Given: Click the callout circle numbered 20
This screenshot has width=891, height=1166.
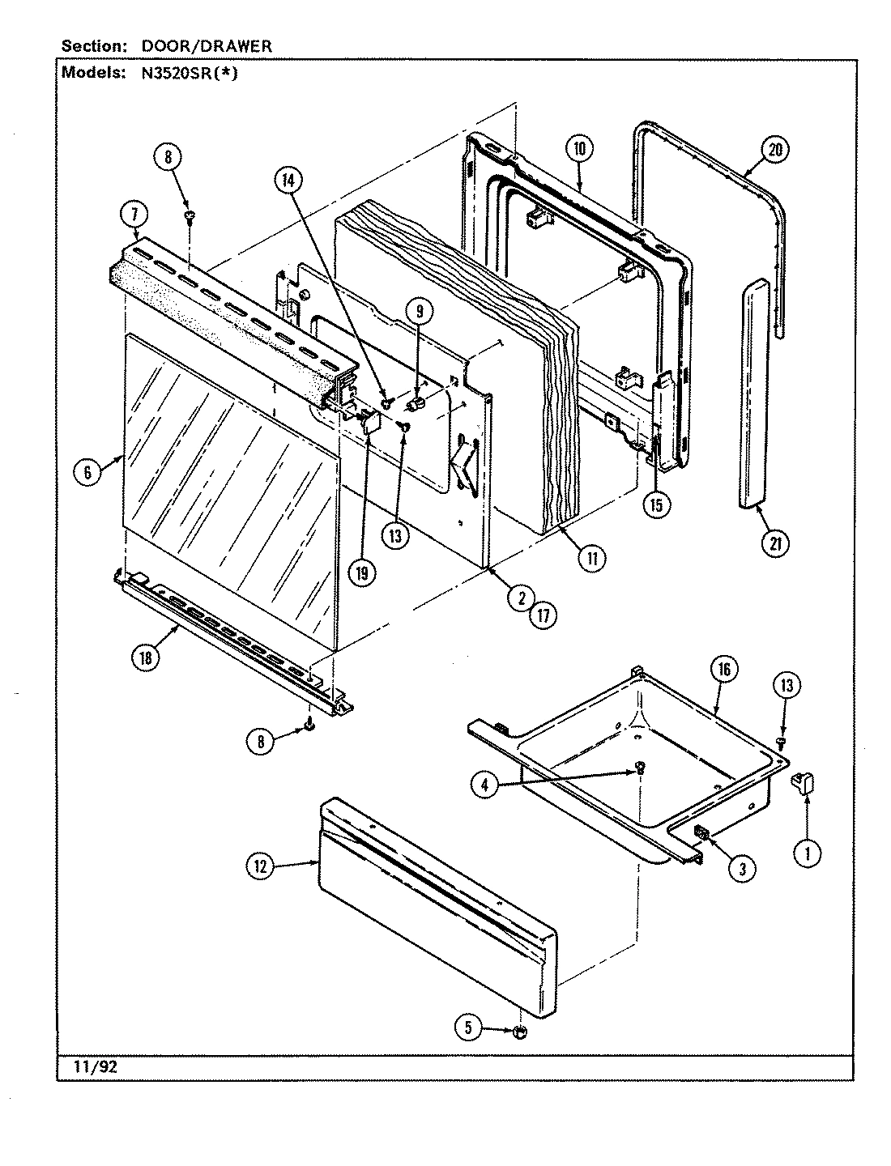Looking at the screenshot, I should pos(775,150).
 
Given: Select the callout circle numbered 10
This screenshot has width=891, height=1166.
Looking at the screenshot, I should pos(580,148).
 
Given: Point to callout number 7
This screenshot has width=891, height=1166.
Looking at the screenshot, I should pos(134,215).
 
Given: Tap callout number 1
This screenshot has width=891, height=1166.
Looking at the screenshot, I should pos(807,852).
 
